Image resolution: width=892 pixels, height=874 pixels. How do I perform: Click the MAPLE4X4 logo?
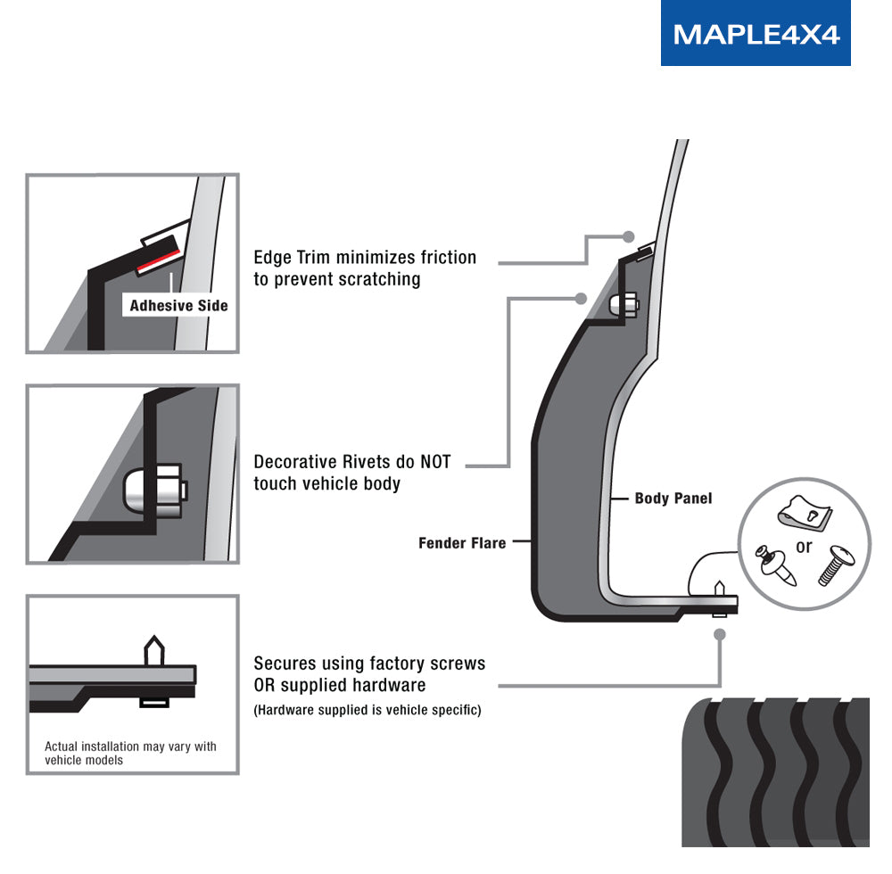[x=756, y=34]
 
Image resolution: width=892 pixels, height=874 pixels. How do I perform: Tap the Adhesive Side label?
[x=178, y=306]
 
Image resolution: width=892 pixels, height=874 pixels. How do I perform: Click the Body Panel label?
[x=673, y=499]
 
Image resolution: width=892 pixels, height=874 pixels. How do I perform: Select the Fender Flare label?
[x=462, y=542]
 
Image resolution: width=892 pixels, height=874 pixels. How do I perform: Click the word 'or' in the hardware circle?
[x=804, y=547]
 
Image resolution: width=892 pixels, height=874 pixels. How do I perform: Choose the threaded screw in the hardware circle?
[x=836, y=565]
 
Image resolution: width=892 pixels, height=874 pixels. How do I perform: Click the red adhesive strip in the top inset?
[x=158, y=260]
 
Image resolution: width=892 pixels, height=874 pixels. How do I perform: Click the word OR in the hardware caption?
[x=266, y=685]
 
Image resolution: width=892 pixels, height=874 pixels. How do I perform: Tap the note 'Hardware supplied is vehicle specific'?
[x=368, y=710]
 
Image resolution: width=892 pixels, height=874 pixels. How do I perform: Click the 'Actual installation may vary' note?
[x=130, y=753]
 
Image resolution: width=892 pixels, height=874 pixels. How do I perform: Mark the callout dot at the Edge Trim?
[x=629, y=237]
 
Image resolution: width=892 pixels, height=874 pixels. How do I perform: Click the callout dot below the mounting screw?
[x=720, y=634]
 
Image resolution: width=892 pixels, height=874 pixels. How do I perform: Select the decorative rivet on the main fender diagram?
[x=624, y=304]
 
